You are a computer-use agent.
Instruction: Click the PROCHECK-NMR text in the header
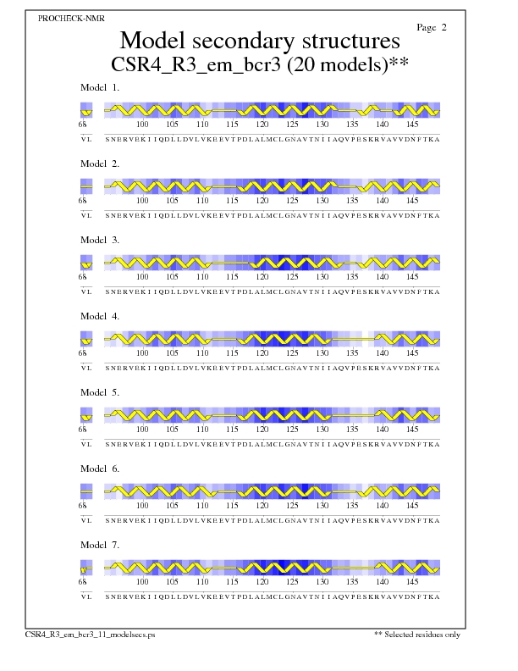click(x=72, y=18)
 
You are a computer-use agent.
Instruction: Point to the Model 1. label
click(x=99, y=87)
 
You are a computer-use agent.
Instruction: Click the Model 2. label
click(x=99, y=164)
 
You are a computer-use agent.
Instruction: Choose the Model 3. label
click(x=99, y=240)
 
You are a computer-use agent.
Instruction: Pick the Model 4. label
click(x=99, y=316)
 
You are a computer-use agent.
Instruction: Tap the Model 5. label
click(x=99, y=392)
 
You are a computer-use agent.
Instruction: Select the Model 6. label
click(x=99, y=469)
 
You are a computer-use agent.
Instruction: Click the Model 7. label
click(x=99, y=545)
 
